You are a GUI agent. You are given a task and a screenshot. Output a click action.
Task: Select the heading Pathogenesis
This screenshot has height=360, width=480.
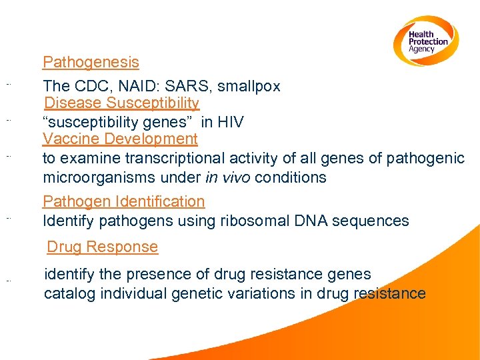pos(91,63)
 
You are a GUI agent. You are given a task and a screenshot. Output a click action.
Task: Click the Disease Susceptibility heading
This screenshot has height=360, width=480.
pos(121,103)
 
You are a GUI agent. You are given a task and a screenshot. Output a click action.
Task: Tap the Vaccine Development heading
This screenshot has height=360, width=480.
pos(120,139)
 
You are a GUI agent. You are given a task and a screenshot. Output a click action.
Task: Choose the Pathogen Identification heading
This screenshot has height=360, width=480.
pos(123,201)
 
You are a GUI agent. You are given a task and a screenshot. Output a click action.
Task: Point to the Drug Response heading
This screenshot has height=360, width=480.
pos(102,247)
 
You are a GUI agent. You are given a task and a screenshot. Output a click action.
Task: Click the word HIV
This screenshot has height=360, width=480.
pos(230,123)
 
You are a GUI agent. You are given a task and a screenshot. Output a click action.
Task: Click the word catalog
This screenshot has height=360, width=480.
pos(67,293)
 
